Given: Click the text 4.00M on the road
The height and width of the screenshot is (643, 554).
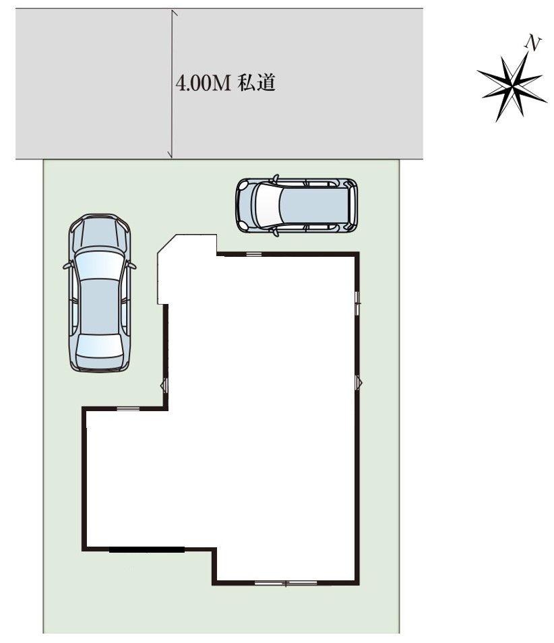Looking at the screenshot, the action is (x=204, y=84).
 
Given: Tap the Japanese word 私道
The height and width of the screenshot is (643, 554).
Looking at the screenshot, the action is (x=257, y=83).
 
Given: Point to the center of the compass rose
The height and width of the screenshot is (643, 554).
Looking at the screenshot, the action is (x=513, y=87).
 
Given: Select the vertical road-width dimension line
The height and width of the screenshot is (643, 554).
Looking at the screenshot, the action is (x=172, y=84).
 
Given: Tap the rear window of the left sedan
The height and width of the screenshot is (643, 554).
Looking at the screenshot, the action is (x=99, y=346).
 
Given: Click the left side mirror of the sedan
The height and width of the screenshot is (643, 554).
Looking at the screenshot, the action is (x=67, y=266).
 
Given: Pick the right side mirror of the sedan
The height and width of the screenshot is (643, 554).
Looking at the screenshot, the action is (x=131, y=266).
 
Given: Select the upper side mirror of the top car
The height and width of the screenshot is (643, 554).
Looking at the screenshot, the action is (x=276, y=178).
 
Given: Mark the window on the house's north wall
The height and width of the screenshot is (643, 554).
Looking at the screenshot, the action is (x=254, y=254).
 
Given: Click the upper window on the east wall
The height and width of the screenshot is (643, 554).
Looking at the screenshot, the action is (x=357, y=303).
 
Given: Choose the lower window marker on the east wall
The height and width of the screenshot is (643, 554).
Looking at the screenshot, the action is (x=359, y=383).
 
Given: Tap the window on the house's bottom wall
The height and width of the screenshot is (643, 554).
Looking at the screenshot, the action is (x=286, y=582).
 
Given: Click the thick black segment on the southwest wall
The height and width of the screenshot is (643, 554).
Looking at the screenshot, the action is (x=147, y=550).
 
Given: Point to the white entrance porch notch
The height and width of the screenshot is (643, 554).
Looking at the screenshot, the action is (x=187, y=269).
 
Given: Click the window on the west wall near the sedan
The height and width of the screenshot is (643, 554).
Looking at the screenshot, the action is (x=164, y=385).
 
